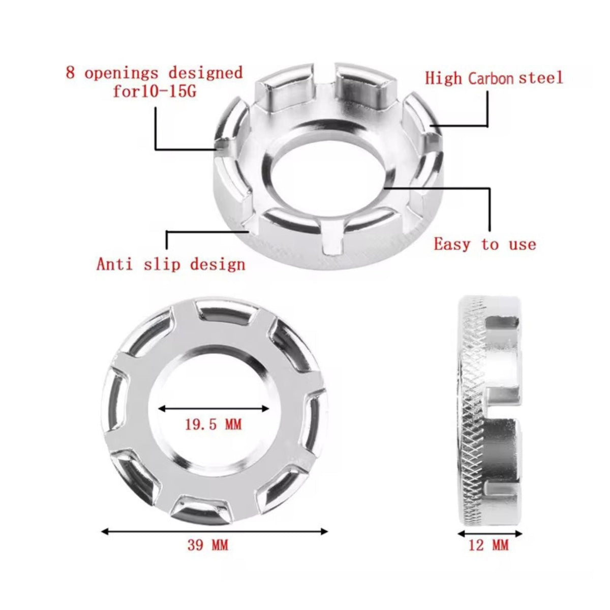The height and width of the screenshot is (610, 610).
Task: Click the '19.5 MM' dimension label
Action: [212, 424]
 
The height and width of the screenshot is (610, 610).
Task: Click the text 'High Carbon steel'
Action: [494, 78]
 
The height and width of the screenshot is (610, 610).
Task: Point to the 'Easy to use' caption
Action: [485, 245]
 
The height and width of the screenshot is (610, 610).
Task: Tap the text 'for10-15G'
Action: [155, 91]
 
